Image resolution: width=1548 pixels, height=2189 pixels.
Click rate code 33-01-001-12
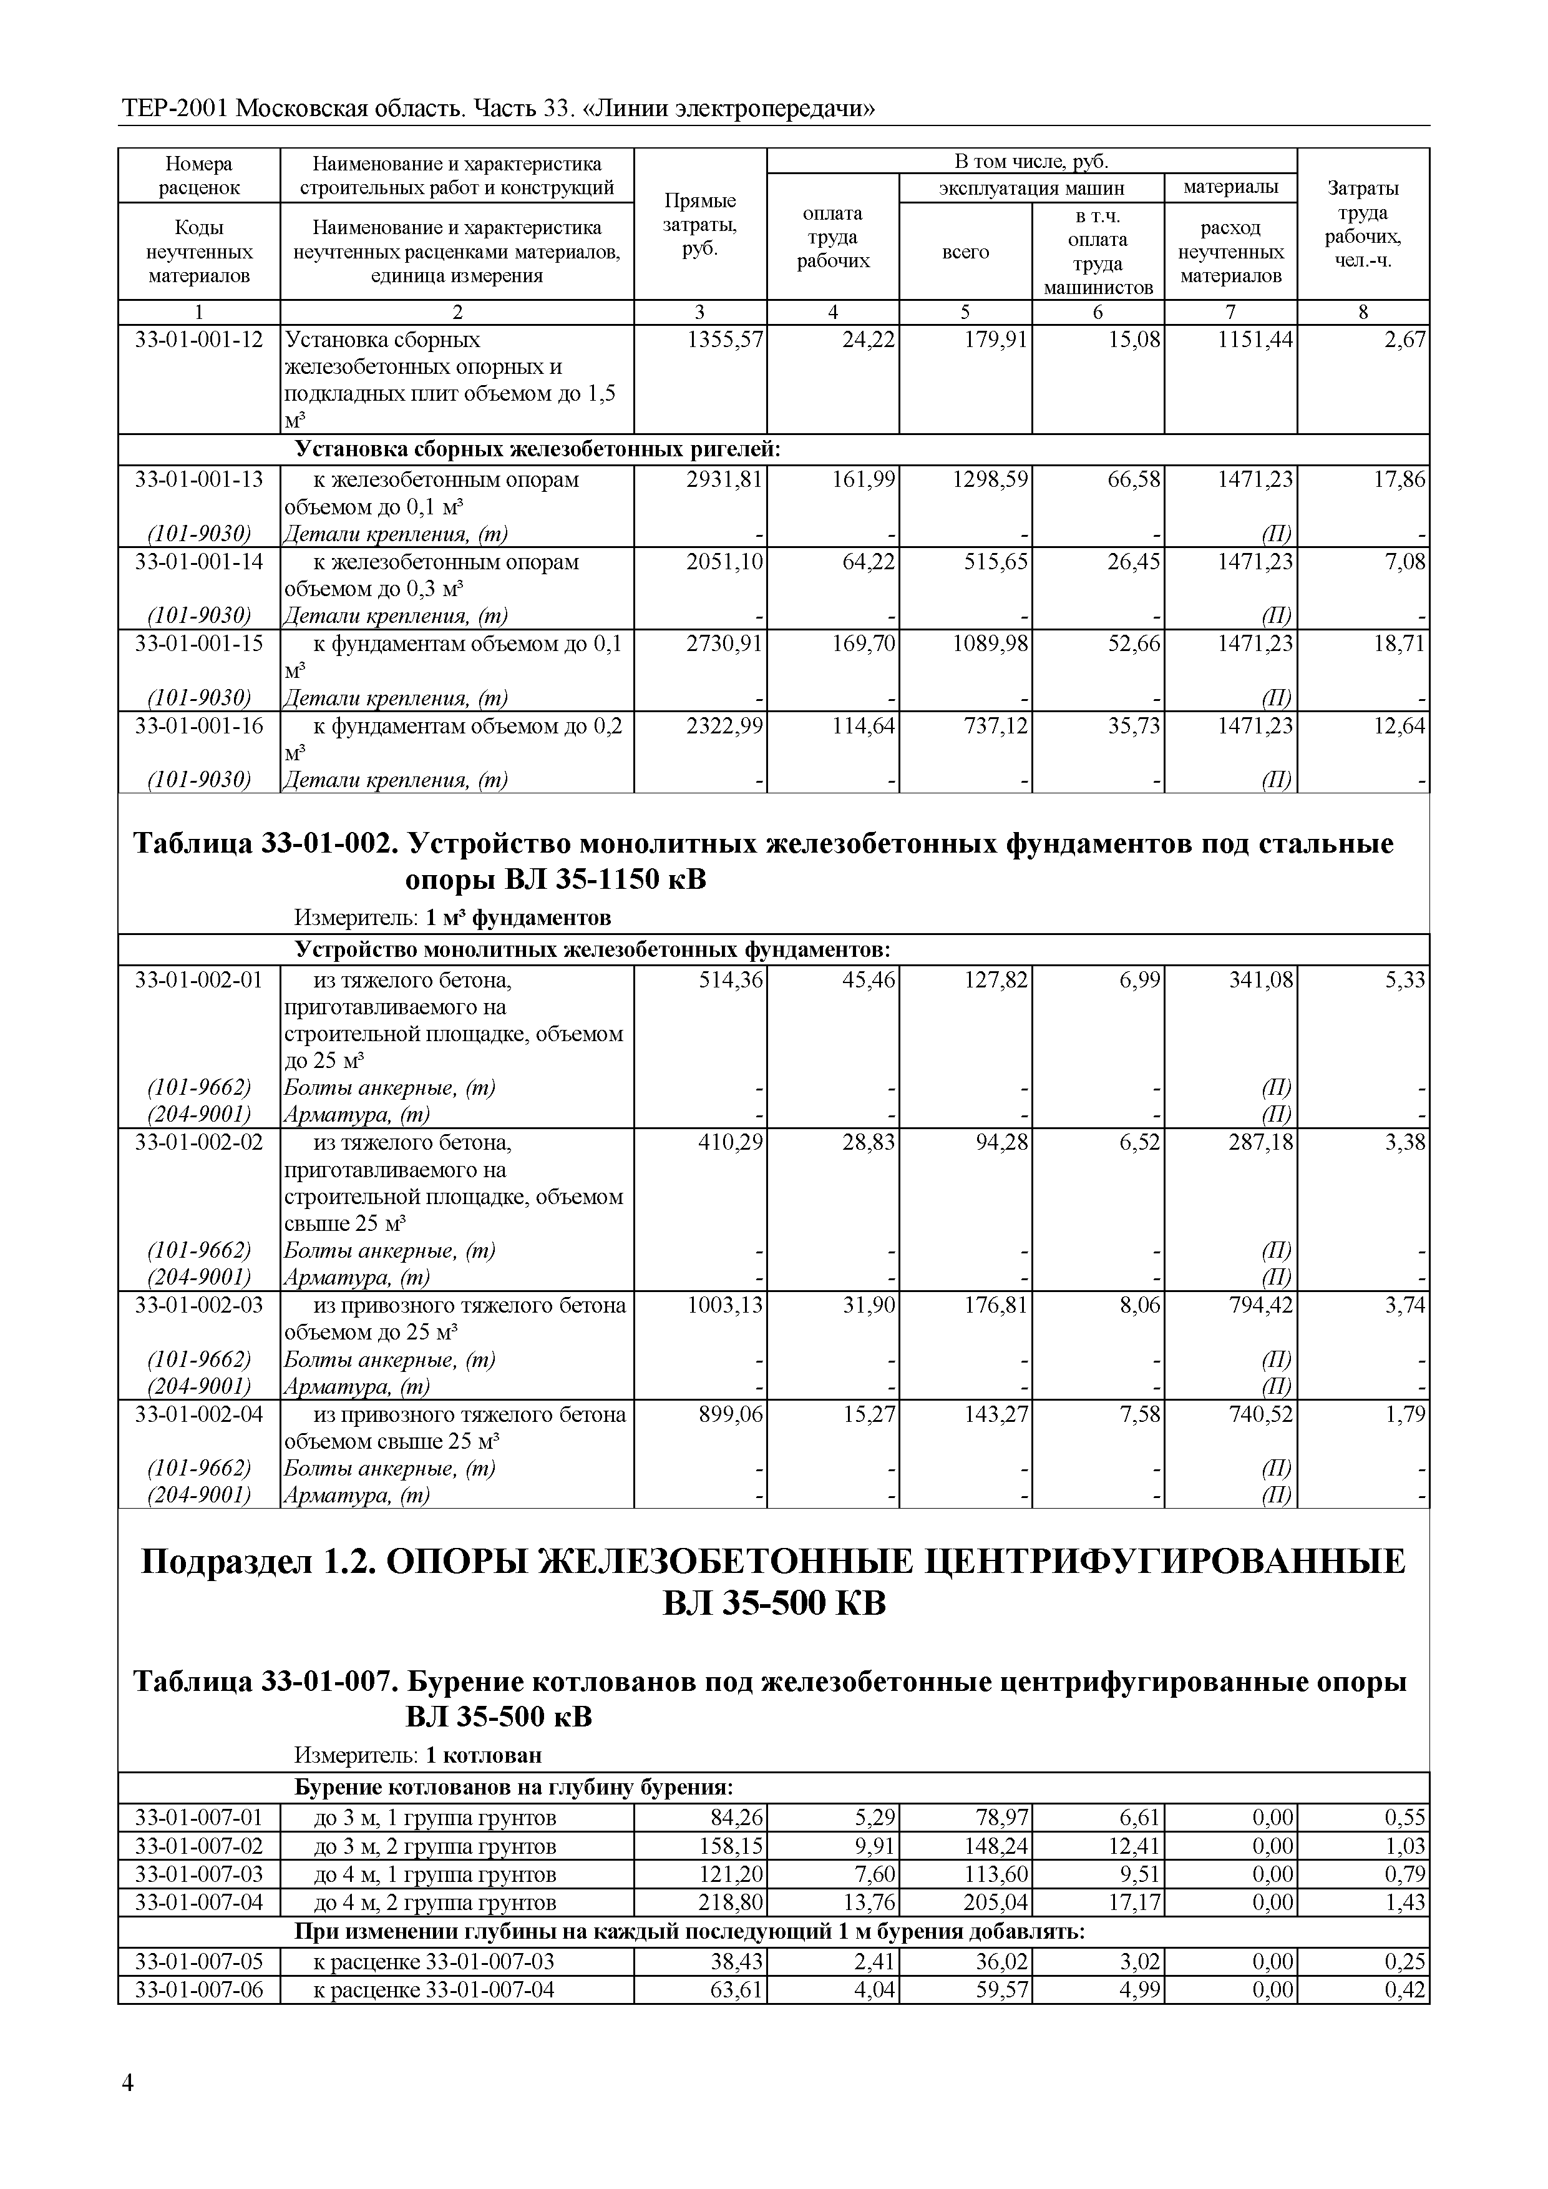tap(198, 340)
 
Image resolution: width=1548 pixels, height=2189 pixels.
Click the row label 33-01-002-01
tap(198, 979)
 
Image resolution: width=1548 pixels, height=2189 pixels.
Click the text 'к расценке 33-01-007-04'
tap(434, 1990)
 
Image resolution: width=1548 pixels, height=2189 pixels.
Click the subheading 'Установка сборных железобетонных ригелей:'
tap(538, 450)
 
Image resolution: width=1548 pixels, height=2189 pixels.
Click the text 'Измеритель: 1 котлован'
tap(417, 1754)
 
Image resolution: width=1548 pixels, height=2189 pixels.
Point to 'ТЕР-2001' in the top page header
tap(175, 110)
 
